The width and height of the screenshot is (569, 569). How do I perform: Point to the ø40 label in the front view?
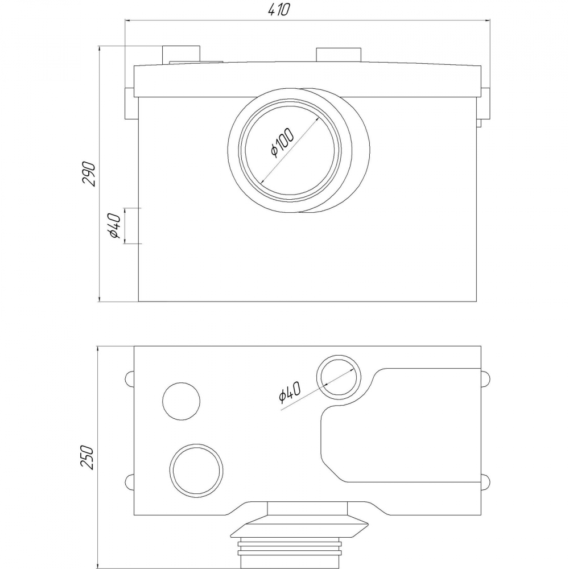113,225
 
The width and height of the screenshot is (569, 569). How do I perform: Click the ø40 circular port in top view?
339,377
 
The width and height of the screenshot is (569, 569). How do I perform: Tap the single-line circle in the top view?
182,401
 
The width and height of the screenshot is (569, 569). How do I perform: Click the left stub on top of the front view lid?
182,55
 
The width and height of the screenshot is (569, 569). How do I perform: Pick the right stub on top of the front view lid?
339,55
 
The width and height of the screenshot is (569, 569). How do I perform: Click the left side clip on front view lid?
129,103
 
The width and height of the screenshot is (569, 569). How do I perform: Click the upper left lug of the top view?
129,379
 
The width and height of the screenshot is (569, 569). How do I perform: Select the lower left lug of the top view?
129,481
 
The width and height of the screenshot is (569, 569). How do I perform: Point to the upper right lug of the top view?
485,379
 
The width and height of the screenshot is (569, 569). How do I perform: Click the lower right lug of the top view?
485,481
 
